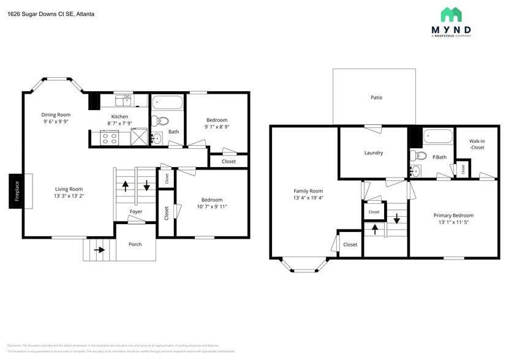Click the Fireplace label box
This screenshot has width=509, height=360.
pos(17,191)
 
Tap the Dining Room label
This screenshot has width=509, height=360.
pos(56,114)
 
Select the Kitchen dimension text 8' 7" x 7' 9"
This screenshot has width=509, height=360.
pos(120,124)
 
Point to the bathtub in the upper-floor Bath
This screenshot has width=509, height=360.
pos(167,102)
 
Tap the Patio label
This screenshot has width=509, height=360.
pos(376,97)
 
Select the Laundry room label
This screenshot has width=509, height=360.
pos(373,152)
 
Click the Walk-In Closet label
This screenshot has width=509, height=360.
pos(477,144)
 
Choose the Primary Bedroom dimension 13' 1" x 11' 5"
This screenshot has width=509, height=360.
pos(453,223)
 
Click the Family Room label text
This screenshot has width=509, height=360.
pos(307,191)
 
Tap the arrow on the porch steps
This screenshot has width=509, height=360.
pos(97,249)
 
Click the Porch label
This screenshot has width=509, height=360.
pos(135,244)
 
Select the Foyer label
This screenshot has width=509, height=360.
pos(136,212)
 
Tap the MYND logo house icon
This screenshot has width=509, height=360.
pos(451,14)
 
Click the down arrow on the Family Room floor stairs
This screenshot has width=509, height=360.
pos(397,219)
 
